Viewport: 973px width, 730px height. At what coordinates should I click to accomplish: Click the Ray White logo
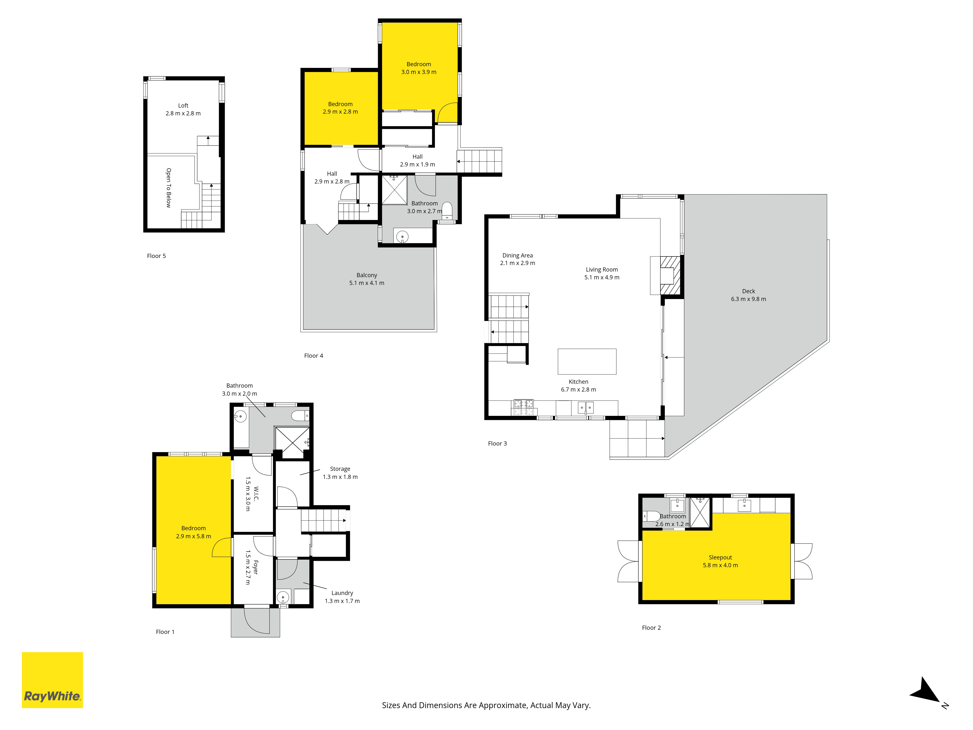(52, 680)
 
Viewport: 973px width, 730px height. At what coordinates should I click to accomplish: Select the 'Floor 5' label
(156, 256)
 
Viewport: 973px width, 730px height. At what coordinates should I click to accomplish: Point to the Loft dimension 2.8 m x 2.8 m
(183, 114)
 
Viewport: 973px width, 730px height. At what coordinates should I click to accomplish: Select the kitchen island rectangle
(587, 361)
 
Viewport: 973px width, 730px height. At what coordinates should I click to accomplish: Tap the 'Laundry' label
(342, 593)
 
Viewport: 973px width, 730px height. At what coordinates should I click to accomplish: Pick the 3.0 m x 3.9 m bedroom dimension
(419, 72)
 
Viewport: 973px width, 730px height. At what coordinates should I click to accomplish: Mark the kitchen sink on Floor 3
(586, 408)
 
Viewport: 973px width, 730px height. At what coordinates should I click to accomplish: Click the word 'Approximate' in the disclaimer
(502, 705)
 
